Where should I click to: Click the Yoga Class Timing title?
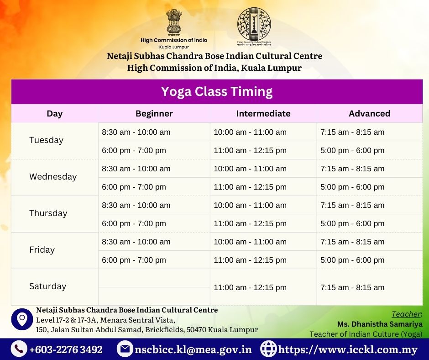[x=217, y=91]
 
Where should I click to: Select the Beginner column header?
[x=154, y=113]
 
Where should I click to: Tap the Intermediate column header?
[x=263, y=113]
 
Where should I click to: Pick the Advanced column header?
[x=369, y=113]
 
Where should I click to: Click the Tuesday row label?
[x=46, y=140]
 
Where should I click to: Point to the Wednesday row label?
[x=53, y=177]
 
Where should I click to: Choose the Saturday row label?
[x=47, y=286]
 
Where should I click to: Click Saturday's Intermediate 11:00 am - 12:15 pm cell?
[x=250, y=287]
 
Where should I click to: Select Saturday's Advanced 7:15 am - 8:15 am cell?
[x=352, y=287]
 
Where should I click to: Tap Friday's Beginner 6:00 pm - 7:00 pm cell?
[x=134, y=260]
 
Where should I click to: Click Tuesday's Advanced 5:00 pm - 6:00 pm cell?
[x=352, y=150]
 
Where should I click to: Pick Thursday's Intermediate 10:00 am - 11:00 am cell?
[x=250, y=205]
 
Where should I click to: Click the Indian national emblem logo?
[x=174, y=22]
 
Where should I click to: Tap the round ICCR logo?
[x=254, y=25]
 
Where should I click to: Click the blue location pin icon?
[x=22, y=319]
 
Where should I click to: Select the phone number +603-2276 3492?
[x=66, y=349]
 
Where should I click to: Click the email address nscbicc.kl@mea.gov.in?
[x=193, y=349]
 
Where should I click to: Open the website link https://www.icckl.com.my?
[x=348, y=349]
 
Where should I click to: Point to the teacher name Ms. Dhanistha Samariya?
[x=380, y=324]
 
